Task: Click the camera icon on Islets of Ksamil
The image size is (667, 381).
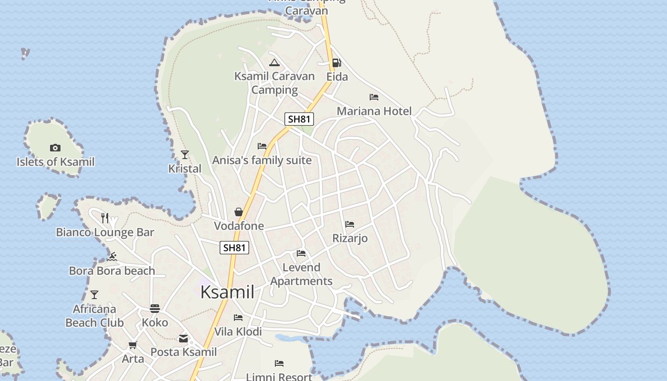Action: (55, 148)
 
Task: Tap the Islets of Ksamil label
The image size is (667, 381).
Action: (56, 162)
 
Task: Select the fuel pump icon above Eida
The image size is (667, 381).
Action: (336, 63)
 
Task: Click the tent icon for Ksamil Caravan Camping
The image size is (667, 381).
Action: (274, 62)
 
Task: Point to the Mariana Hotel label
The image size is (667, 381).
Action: (374, 111)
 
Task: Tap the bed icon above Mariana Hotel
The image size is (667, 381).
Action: (374, 97)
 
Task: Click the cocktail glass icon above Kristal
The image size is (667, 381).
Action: (185, 154)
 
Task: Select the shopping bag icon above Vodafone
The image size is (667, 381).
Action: (239, 212)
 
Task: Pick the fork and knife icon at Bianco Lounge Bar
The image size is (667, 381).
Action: (105, 218)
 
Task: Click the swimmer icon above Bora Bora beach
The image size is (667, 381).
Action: (112, 257)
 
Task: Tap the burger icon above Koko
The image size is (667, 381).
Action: (155, 309)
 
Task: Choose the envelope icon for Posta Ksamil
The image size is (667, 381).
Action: (183, 339)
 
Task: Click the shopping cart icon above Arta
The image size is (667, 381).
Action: (133, 345)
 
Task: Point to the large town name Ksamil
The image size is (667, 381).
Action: (227, 292)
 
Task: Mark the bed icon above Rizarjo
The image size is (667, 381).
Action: (350, 224)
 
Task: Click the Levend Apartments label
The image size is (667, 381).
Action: (302, 274)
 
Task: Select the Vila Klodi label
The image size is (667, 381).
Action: (238, 331)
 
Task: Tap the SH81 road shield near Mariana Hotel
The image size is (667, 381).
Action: (299, 119)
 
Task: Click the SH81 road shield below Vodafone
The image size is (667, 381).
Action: (234, 248)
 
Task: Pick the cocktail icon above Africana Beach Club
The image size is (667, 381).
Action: (94, 295)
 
